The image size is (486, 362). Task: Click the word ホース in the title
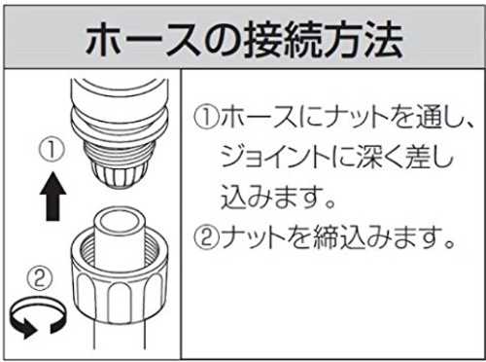[x=143, y=40]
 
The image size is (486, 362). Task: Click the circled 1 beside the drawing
[x=52, y=150]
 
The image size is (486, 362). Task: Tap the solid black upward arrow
[x=52, y=197]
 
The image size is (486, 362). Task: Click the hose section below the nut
[x=119, y=338]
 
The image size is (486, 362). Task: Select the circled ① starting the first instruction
[x=206, y=118]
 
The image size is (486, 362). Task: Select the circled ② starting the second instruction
[x=206, y=237]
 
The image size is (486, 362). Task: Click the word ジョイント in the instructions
[x=274, y=159]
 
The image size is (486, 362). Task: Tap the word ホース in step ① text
[x=259, y=118]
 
